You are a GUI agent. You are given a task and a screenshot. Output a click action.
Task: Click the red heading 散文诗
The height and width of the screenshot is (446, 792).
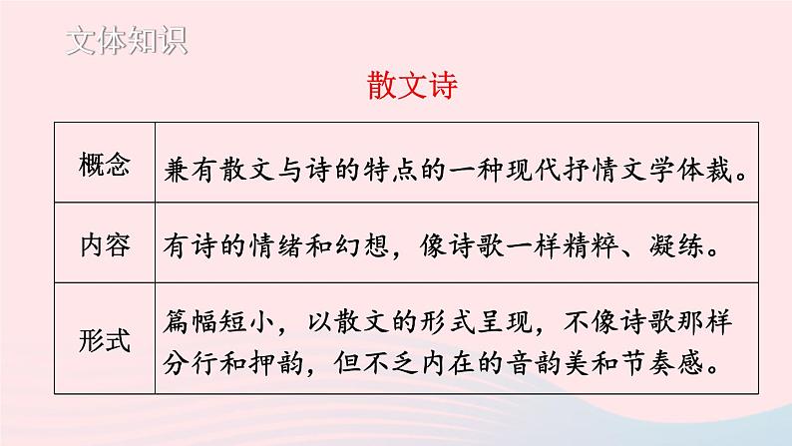[x=411, y=87]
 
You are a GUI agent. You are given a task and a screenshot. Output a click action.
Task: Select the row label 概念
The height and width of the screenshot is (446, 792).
[x=104, y=168]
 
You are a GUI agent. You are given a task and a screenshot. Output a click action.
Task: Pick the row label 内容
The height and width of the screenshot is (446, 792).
[x=104, y=245]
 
